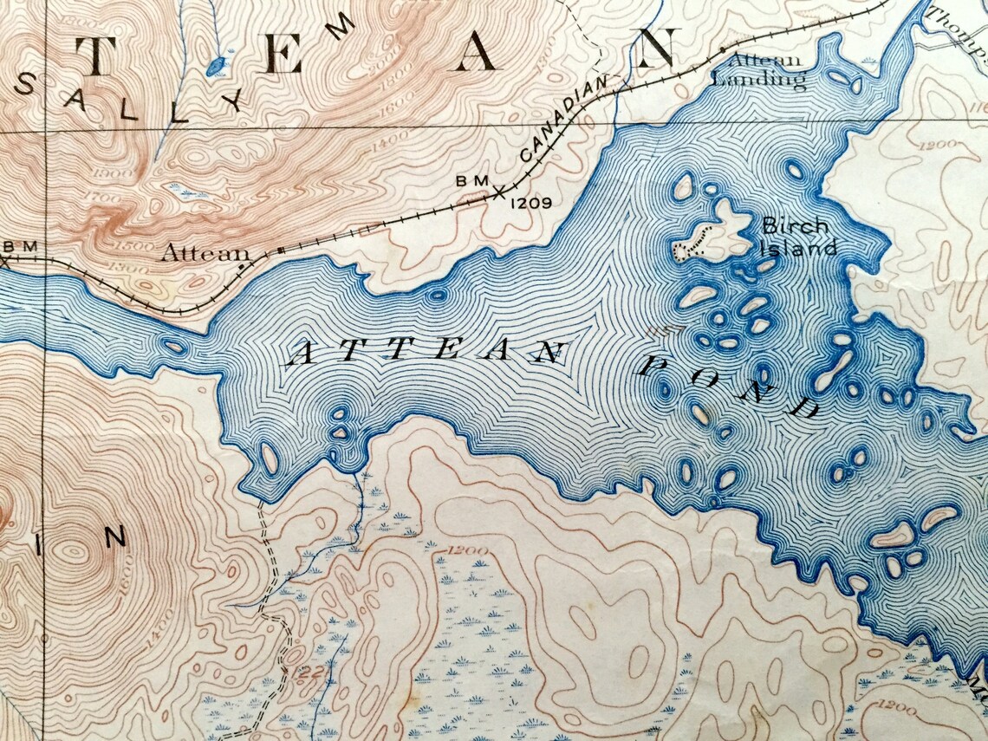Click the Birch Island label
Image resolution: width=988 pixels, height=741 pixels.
coord(798,237)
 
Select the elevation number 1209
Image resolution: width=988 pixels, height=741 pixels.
coord(530,204)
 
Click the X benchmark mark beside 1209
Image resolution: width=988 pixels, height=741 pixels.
coord(498,192)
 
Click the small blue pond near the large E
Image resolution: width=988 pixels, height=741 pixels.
coord(217,64)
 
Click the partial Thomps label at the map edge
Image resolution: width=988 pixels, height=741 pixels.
coord(958,30)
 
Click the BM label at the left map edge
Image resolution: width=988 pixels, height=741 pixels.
coord(19,247)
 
